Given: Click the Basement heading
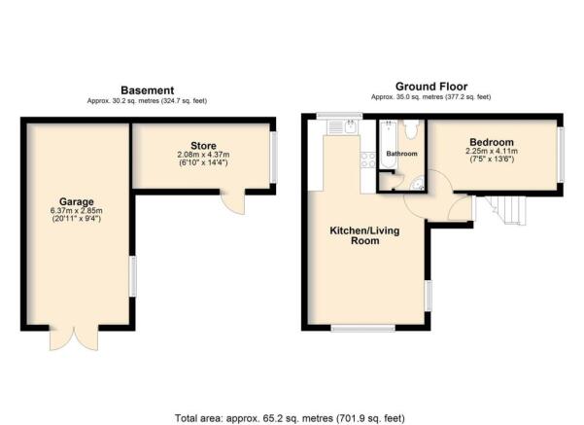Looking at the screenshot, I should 147,89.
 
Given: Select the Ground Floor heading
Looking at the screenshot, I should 430,86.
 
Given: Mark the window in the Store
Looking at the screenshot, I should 273,156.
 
